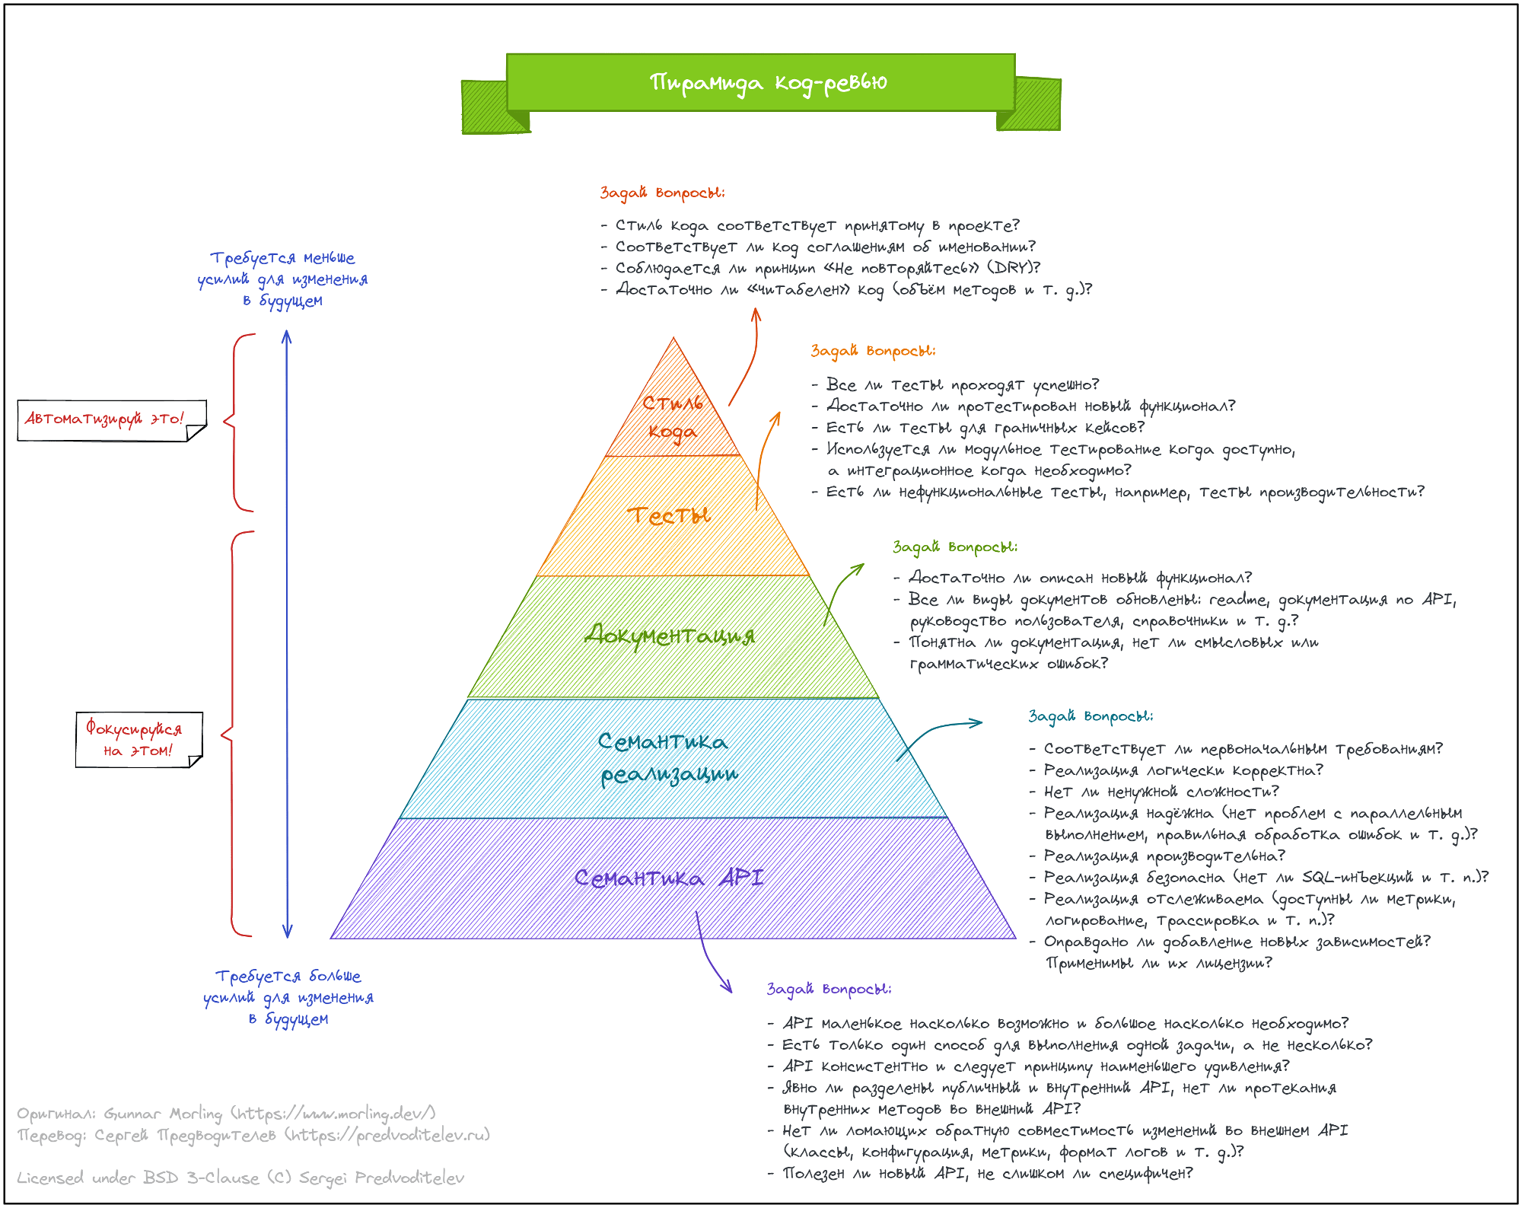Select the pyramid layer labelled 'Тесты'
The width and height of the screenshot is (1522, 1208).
(670, 516)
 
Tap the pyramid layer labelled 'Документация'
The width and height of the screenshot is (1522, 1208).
(670, 635)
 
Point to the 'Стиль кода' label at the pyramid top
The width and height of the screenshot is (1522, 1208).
(672, 417)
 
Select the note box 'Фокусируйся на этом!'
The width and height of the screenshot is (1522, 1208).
(135, 739)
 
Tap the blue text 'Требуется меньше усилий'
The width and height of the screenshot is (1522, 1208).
(282, 279)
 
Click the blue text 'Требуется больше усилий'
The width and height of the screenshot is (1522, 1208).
(288, 996)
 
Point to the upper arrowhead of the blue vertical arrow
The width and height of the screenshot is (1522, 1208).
(287, 336)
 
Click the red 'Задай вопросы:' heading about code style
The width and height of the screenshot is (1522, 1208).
(662, 193)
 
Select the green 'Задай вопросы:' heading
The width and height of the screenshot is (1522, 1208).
(954, 547)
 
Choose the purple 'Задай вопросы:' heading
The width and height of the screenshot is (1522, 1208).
(829, 989)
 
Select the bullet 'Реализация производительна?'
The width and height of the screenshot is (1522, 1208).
(1164, 856)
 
